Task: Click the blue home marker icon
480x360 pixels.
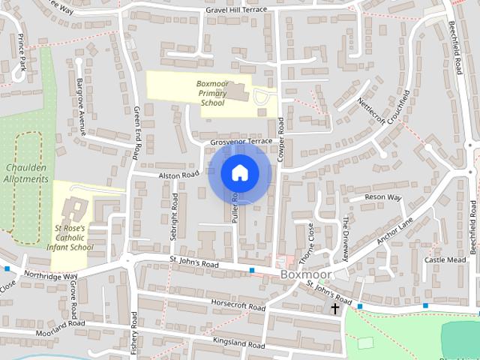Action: click(239, 173)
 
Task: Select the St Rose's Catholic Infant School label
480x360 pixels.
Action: click(73, 237)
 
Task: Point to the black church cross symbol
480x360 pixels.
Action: click(334, 308)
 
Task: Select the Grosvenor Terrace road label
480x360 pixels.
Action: click(241, 141)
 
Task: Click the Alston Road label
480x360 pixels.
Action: click(178, 175)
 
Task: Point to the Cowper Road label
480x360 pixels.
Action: click(282, 136)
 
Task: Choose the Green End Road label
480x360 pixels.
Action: click(136, 132)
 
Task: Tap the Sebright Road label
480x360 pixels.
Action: click(174, 215)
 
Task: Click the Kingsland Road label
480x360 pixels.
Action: click(239, 344)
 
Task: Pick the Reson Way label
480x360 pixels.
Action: click(382, 198)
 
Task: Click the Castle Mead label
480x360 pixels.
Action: click(445, 259)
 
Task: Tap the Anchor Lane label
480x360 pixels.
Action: click(395, 234)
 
